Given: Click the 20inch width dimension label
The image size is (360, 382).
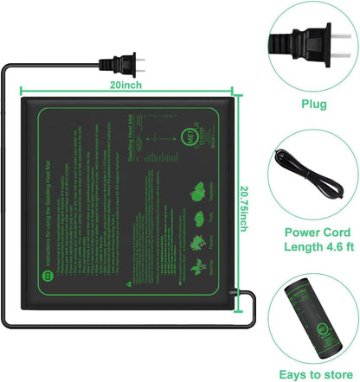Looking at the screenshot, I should point(125,86).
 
